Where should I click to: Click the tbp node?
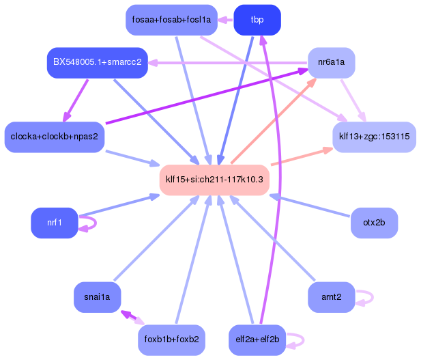[x=257, y=20]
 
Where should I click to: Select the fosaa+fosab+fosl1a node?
[x=171, y=20]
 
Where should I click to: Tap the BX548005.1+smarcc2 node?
[x=97, y=63]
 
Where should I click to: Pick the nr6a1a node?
[x=332, y=63]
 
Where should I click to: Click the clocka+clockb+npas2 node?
[x=54, y=137]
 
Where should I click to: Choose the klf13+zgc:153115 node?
[x=375, y=137]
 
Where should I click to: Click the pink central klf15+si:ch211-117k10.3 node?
[x=214, y=180]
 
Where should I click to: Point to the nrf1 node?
[x=54, y=223]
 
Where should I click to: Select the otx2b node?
[x=375, y=223]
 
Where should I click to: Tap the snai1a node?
[x=97, y=297]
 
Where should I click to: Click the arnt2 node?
[x=332, y=297]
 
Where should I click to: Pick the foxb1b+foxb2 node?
[x=171, y=340]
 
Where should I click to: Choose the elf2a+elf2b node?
[x=257, y=340]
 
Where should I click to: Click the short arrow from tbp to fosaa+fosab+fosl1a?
[x=226, y=20]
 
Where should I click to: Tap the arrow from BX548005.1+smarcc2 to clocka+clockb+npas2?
[x=76, y=100]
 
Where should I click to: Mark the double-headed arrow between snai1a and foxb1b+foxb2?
[x=132, y=318]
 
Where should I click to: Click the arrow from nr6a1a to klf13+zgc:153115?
[x=353, y=100]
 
